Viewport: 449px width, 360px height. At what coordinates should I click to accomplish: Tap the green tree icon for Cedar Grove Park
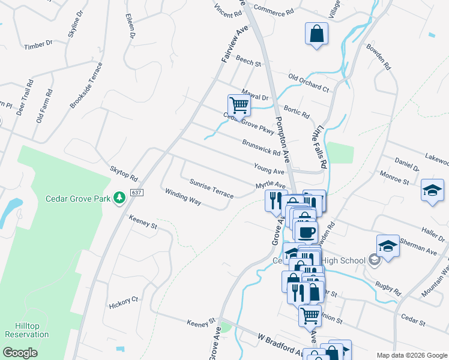[x=119, y=197]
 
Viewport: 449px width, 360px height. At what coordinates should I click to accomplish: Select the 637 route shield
[x=136, y=193]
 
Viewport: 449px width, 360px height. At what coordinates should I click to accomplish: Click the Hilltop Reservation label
[x=27, y=330]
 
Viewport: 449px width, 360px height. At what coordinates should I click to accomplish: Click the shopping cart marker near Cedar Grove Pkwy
[x=239, y=106]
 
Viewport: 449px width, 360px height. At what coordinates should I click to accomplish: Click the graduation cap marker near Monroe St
[x=432, y=190]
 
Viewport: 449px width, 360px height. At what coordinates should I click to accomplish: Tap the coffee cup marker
[x=306, y=232]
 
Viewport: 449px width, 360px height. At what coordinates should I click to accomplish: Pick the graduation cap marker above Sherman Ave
[x=388, y=246]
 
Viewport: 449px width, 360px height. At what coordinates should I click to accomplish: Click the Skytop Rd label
[x=124, y=175]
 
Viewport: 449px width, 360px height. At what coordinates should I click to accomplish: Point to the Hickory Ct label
[x=124, y=302]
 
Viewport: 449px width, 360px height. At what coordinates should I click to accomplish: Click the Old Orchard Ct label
[x=309, y=83]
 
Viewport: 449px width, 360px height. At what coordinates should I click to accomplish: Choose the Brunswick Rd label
[x=261, y=148]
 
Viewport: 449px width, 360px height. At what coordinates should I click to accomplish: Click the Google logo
[x=20, y=353]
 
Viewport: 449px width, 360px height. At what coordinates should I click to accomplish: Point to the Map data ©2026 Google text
[x=411, y=355]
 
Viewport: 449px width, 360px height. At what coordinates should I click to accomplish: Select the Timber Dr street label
[x=38, y=45]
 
